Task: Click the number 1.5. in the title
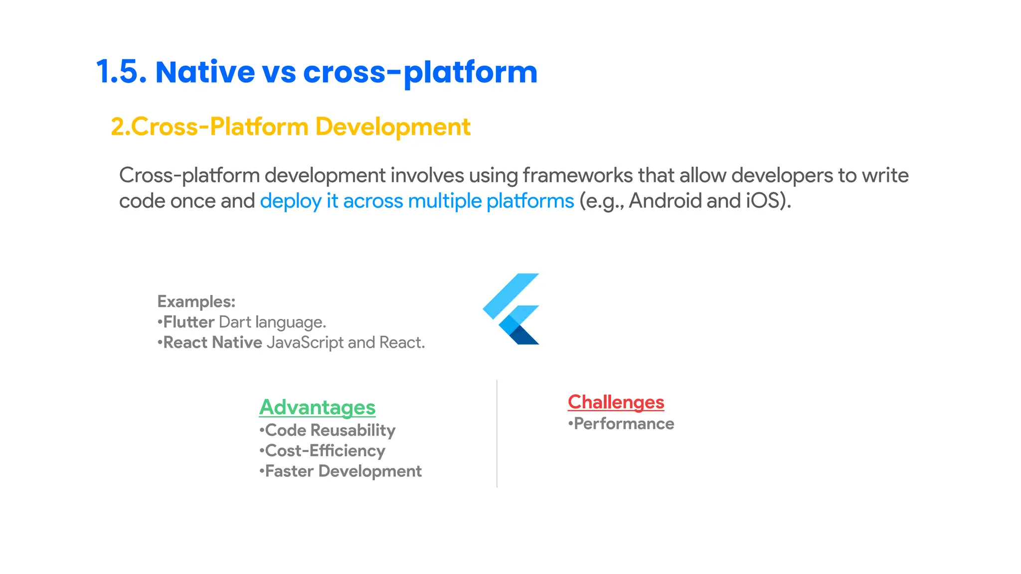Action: [x=121, y=72]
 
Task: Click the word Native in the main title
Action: [x=205, y=72]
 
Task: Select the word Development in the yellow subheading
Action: [x=392, y=127]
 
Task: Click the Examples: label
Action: [x=196, y=301]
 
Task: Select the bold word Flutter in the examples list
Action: [x=189, y=322]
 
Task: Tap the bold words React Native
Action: [x=212, y=342]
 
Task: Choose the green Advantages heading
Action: [x=317, y=407]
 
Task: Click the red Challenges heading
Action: [x=616, y=402]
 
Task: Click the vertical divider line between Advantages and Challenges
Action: [x=497, y=433]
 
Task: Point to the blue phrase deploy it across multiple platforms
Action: [x=417, y=201]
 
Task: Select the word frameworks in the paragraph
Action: [x=577, y=175]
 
